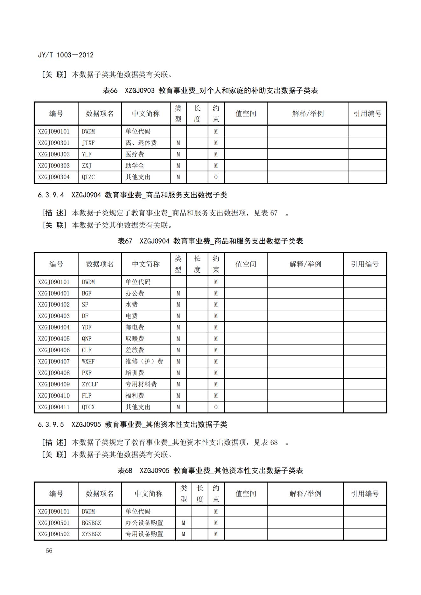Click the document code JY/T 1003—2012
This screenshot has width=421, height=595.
click(66, 55)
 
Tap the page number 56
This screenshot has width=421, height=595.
click(49, 551)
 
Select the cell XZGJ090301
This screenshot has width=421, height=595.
click(54, 143)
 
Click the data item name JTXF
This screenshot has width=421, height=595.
click(88, 143)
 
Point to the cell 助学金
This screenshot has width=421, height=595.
click(135, 166)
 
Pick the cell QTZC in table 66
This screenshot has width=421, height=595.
click(88, 177)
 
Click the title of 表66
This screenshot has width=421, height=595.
click(210, 91)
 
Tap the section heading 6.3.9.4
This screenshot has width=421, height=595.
click(132, 195)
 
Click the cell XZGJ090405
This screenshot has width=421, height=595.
click(54, 339)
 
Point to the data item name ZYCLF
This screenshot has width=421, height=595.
click(90, 384)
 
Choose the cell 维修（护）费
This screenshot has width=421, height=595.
click(144, 362)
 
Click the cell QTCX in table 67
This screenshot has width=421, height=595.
click(88, 407)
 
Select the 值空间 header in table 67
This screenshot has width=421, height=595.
click(246, 264)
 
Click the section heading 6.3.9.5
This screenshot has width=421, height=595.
click(132, 425)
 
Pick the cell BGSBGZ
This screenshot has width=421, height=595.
click(91, 523)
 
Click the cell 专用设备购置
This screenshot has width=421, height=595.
click(144, 534)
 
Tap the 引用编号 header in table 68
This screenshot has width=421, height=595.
click(365, 494)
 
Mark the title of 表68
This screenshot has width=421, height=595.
click(210, 471)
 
